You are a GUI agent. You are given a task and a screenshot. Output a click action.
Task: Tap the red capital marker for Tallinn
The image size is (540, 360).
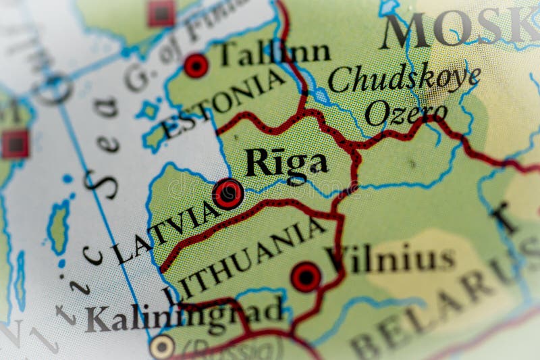(196, 66)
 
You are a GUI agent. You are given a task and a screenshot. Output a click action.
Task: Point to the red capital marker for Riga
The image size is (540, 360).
(229, 193)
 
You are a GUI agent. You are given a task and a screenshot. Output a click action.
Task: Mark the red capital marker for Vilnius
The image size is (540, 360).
(306, 277)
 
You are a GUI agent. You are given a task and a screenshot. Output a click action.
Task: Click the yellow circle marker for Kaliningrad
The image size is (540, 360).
(162, 346)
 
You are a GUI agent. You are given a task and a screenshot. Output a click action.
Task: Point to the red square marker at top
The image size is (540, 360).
(161, 13)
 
